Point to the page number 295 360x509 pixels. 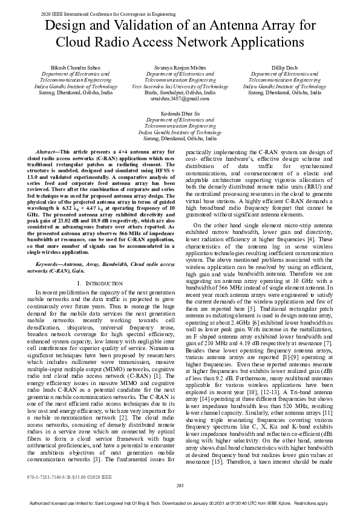coord(180,485)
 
